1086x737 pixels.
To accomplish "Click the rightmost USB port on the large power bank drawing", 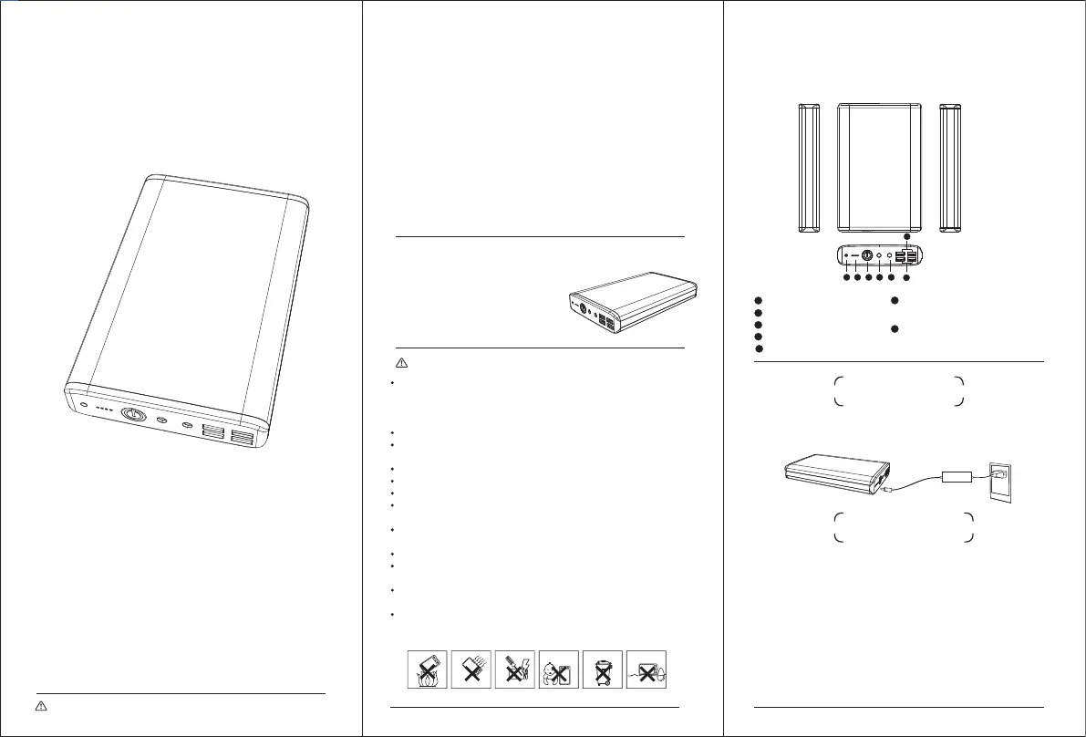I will tap(243, 439).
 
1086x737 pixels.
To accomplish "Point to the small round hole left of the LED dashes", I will tap(83, 404).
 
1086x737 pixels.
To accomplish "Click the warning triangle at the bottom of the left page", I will tap(41, 707).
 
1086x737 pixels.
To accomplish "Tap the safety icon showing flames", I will tap(425, 670).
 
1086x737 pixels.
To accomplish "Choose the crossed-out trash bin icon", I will tap(603, 670).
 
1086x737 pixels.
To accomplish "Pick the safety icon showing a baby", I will tap(557, 670).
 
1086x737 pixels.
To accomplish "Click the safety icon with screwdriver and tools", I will tap(513, 670).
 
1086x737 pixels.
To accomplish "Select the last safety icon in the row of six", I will tap(646, 670).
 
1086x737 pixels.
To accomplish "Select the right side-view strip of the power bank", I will tap(950, 168).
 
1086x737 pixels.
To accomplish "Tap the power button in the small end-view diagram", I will tap(867, 257).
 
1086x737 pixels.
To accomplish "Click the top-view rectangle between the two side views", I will tap(879, 168).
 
